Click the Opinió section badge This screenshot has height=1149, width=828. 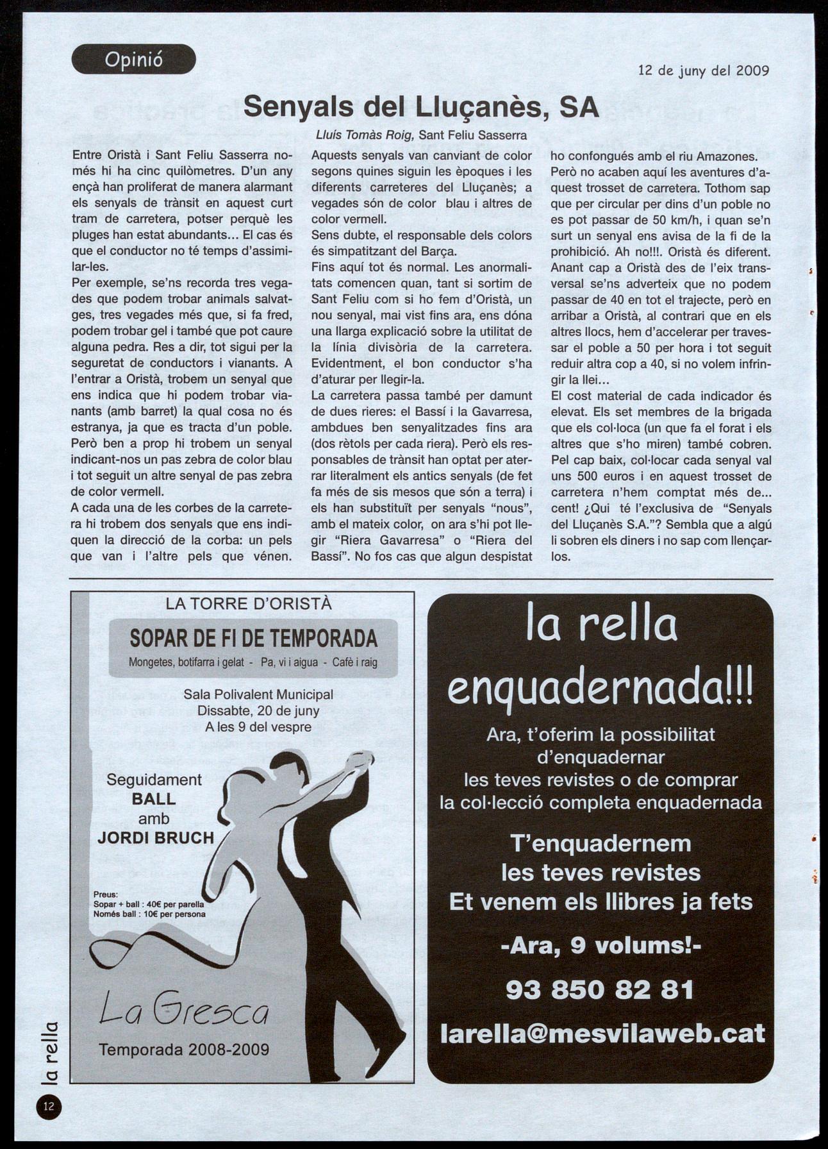(x=134, y=60)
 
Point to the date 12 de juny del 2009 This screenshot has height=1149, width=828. (x=704, y=71)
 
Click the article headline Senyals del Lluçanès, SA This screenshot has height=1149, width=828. (x=420, y=106)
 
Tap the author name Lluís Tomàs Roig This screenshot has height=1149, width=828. (x=365, y=135)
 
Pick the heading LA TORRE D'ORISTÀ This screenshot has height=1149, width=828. (x=249, y=603)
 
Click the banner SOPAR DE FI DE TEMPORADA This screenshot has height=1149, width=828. (x=253, y=639)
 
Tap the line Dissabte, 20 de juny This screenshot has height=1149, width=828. (x=258, y=710)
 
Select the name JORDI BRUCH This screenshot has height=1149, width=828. (x=156, y=837)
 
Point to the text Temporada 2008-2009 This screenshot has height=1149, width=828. (x=183, y=1050)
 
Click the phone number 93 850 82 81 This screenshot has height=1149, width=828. (x=600, y=989)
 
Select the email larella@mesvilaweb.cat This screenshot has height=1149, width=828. (x=602, y=1033)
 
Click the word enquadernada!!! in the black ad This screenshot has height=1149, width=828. (x=600, y=688)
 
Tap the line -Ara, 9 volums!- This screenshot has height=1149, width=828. (x=600, y=946)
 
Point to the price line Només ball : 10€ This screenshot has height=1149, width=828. (x=149, y=914)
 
